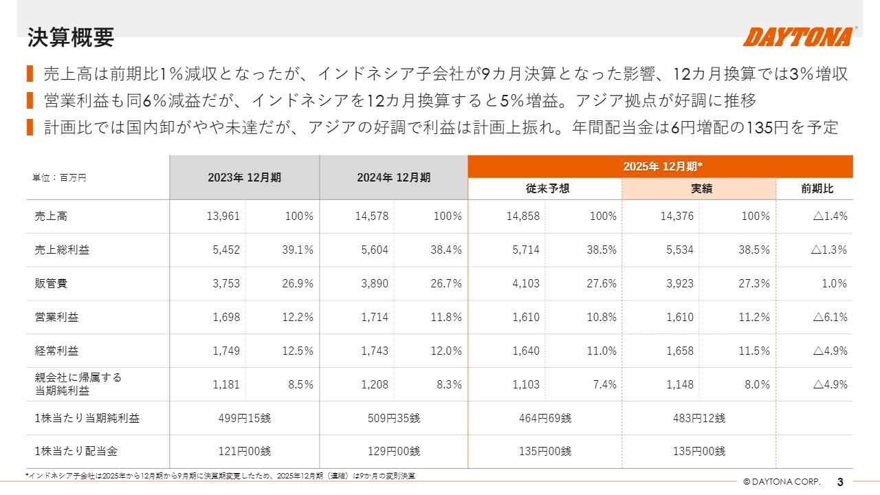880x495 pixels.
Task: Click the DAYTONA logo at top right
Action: (799, 36)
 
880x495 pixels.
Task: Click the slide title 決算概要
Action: (71, 37)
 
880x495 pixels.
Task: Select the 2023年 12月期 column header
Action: (244, 177)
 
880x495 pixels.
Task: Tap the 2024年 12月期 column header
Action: (393, 177)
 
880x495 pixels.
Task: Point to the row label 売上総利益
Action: (62, 250)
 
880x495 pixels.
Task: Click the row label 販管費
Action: (52, 284)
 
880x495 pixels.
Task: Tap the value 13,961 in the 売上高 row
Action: (223, 217)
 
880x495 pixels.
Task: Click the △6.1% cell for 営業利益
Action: (830, 318)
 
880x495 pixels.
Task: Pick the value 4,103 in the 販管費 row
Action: (526, 284)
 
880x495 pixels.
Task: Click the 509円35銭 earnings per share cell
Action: (395, 418)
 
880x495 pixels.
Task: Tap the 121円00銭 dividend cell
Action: (245, 452)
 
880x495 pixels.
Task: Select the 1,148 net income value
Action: (680, 385)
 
